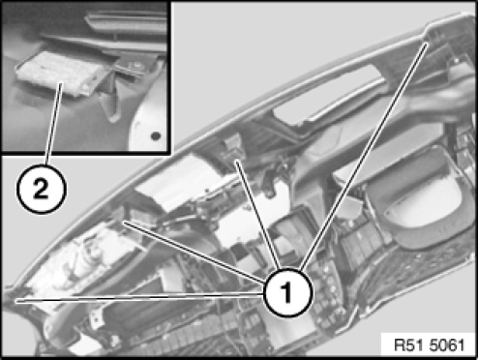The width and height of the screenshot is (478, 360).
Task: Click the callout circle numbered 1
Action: click(287, 292)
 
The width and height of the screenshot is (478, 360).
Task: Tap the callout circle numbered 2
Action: click(42, 189)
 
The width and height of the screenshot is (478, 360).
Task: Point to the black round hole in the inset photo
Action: click(156, 135)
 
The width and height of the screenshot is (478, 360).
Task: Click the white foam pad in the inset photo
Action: click(60, 74)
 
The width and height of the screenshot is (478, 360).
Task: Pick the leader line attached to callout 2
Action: click(54, 124)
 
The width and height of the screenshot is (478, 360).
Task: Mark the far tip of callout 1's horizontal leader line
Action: click(16, 301)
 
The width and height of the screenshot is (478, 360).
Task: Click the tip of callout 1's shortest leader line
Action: click(237, 162)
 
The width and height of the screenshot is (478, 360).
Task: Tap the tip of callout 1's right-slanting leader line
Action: click(427, 44)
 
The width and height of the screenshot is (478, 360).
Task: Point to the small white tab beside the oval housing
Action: click(351, 206)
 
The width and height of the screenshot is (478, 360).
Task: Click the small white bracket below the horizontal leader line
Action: click(94, 320)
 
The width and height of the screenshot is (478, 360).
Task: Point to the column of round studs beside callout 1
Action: click(327, 290)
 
